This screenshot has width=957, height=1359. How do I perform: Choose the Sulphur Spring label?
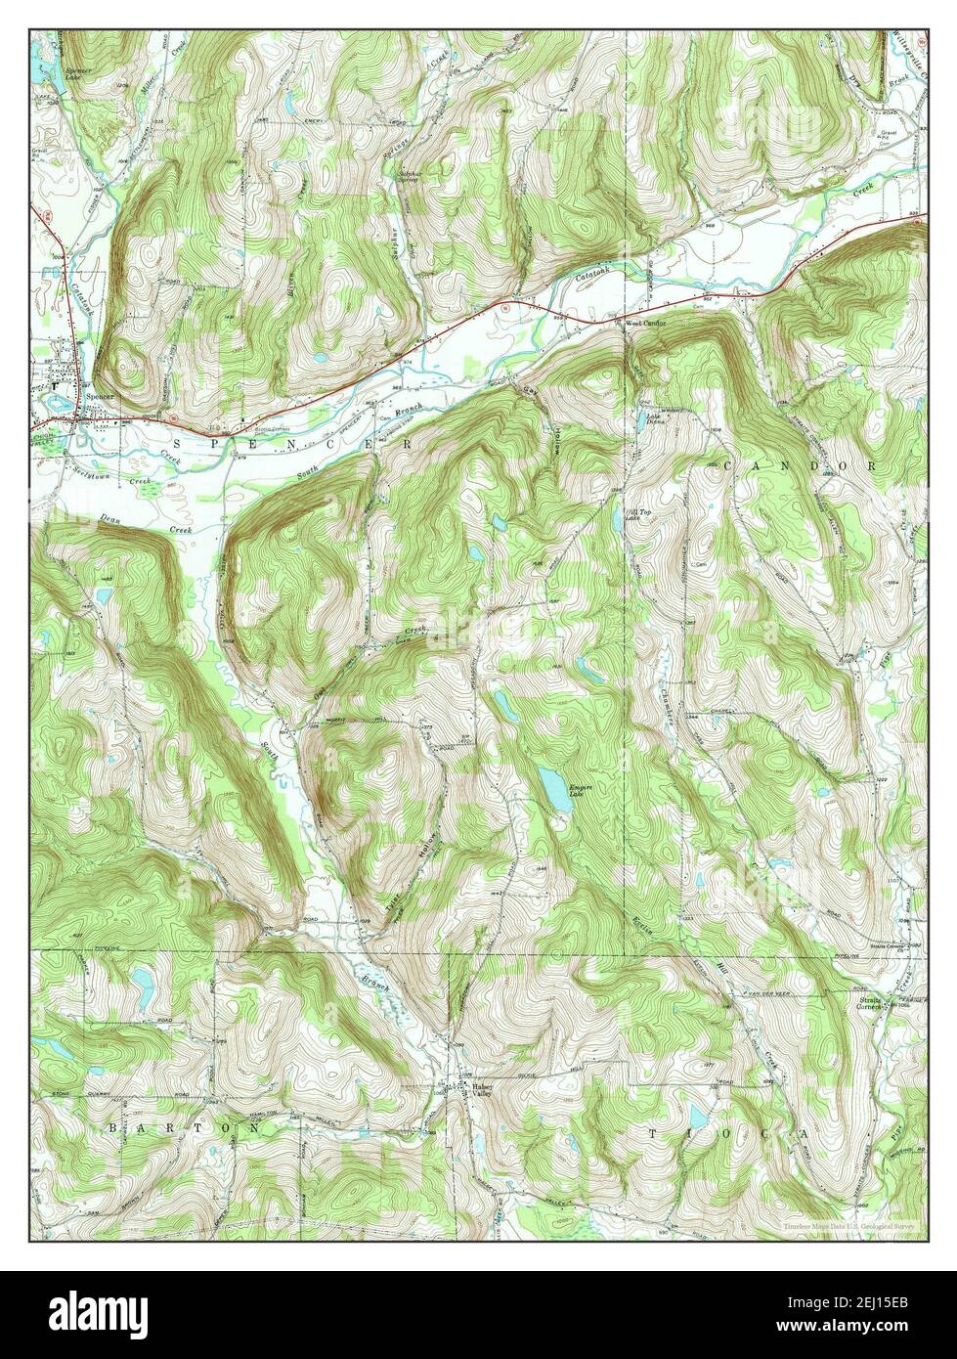pyautogui.click(x=409, y=178)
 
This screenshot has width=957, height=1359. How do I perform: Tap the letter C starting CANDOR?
pyautogui.click(x=729, y=467)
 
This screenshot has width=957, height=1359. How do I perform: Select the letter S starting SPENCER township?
pyautogui.click(x=178, y=443)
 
